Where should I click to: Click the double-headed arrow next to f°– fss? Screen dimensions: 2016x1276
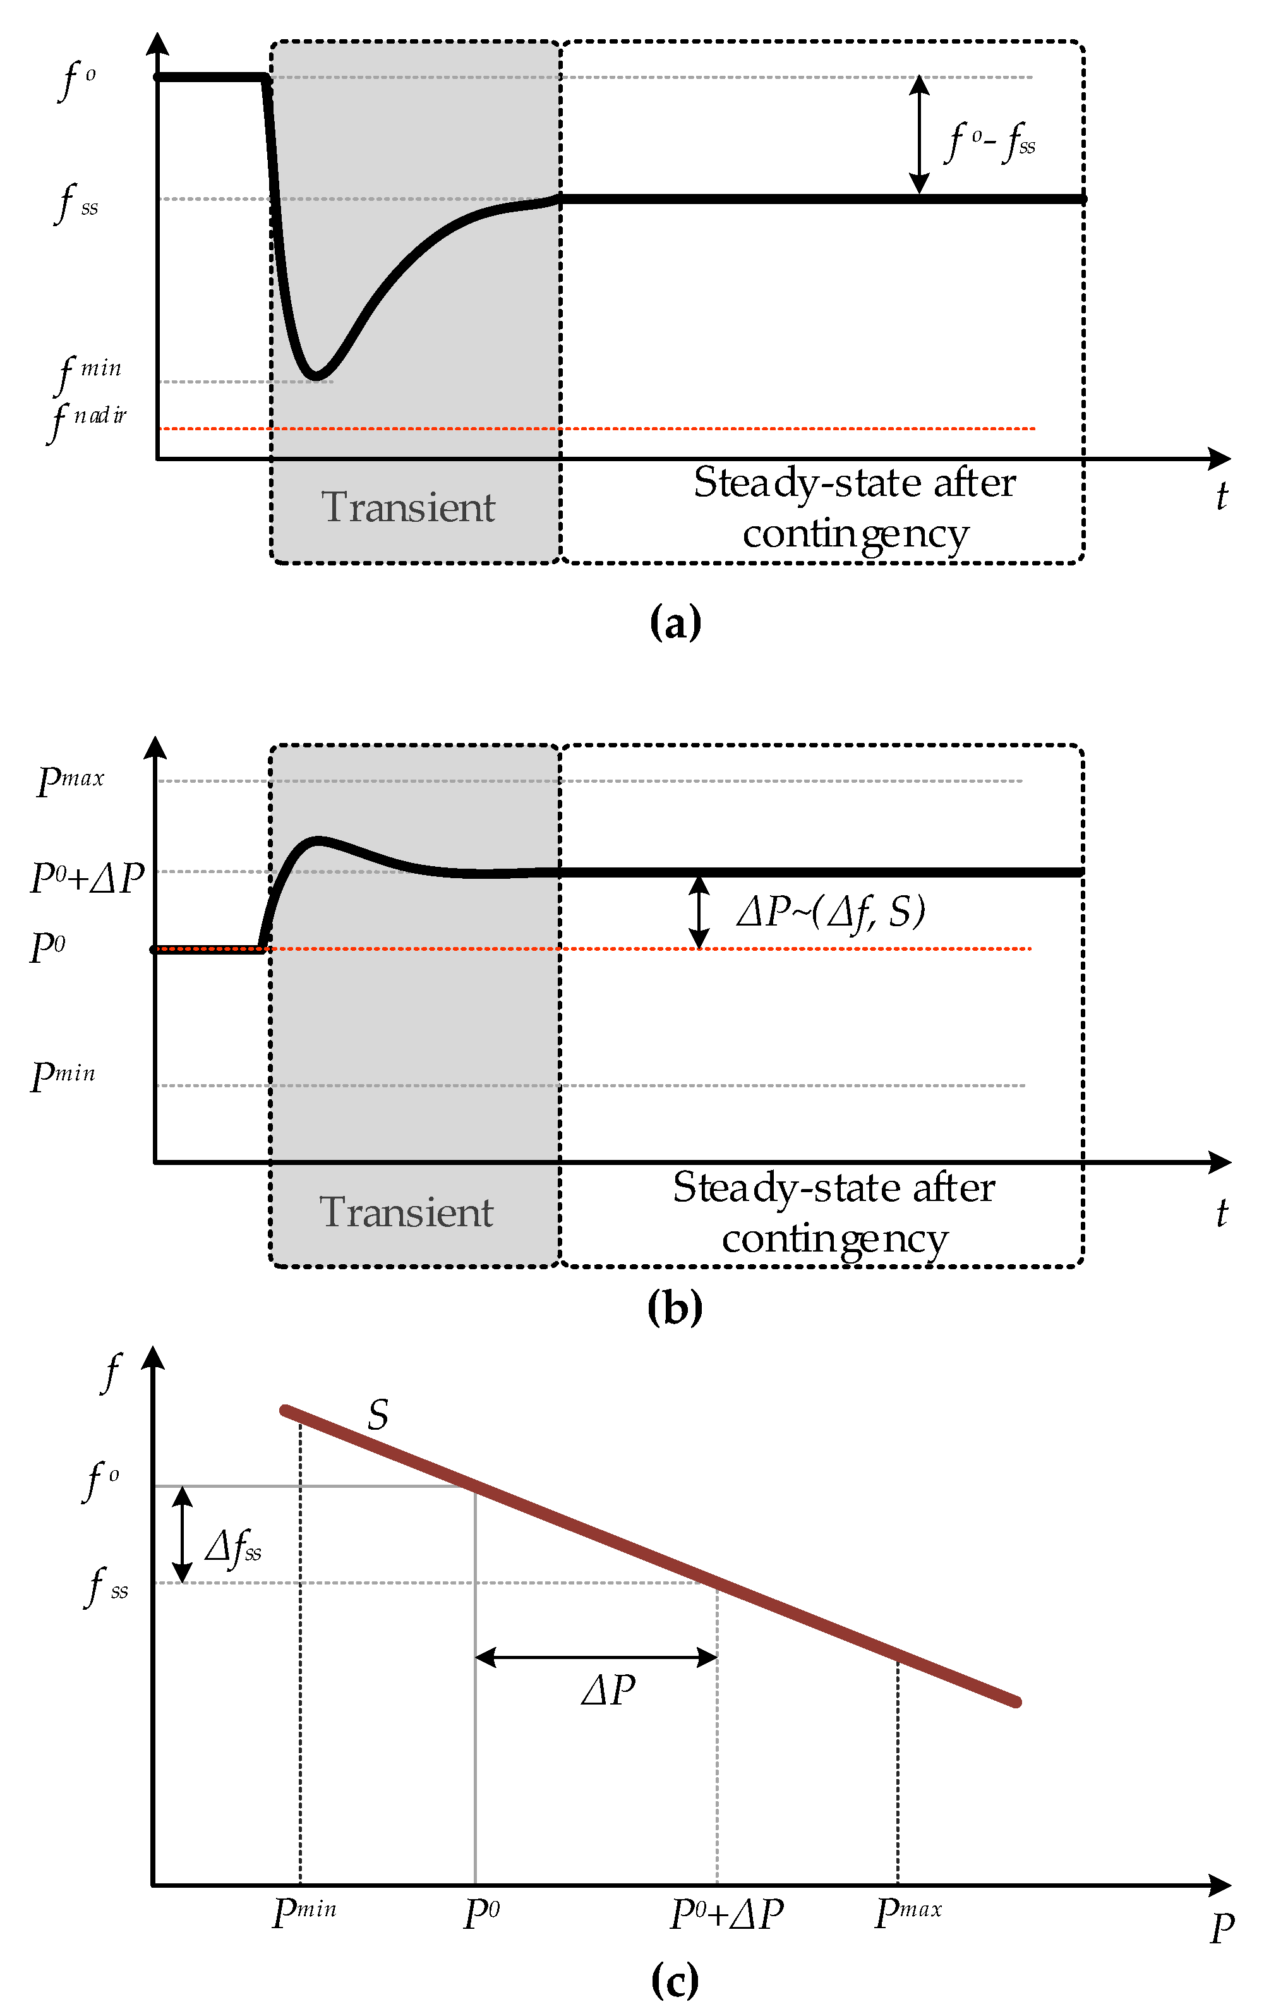pyautogui.click(x=919, y=135)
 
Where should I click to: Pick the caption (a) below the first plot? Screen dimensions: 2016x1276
pyautogui.click(x=675, y=623)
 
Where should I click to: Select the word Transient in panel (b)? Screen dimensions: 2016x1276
pyautogui.click(x=406, y=1212)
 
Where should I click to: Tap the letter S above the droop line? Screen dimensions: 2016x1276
pyautogui.click(x=378, y=1415)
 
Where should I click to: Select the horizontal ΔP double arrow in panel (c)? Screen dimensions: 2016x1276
pyautogui.click(x=596, y=1657)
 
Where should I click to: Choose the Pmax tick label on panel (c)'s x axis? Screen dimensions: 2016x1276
pyautogui.click(x=908, y=1913)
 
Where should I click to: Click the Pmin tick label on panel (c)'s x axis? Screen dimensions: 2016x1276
pyautogui.click(x=304, y=1913)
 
